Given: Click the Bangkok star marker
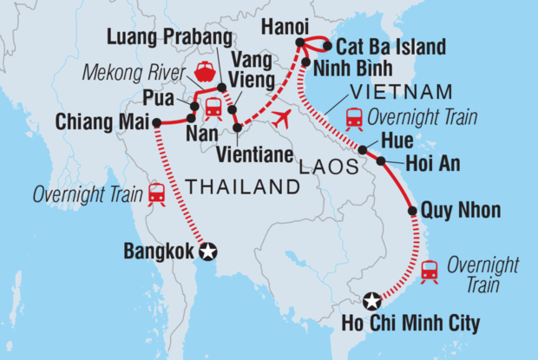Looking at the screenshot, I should coord(208,252).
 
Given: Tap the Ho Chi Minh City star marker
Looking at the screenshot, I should coord(372,301).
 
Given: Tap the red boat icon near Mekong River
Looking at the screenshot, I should coord(207,72).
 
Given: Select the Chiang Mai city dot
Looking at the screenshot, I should coord(157,122).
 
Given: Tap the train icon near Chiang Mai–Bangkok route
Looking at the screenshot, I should coord(157,193).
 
